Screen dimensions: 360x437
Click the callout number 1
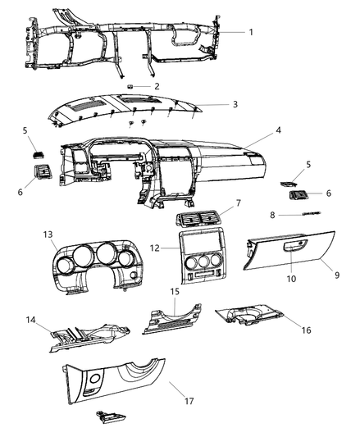pyautogui.click(x=251, y=32)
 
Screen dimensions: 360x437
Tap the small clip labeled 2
pyautogui.click(x=130, y=86)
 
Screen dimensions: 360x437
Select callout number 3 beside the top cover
pyautogui.click(x=235, y=104)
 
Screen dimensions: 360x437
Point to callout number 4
pyautogui.click(x=278, y=130)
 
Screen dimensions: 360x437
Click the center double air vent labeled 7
pyautogui.click(x=197, y=218)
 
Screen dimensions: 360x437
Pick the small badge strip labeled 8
pyautogui.click(x=312, y=213)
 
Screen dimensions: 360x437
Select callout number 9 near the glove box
pyautogui.click(x=337, y=275)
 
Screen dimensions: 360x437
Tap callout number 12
pyautogui.click(x=155, y=248)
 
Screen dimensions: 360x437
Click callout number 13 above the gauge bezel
pyautogui.click(x=48, y=234)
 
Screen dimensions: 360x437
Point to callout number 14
pyautogui.click(x=31, y=320)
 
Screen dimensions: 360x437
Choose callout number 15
pyautogui.click(x=175, y=292)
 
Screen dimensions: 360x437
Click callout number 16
pyautogui.click(x=306, y=330)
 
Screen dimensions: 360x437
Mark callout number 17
pyautogui.click(x=189, y=401)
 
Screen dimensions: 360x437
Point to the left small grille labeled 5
pyautogui.click(x=39, y=155)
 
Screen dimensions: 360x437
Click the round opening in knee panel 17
pyautogui.click(x=95, y=379)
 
